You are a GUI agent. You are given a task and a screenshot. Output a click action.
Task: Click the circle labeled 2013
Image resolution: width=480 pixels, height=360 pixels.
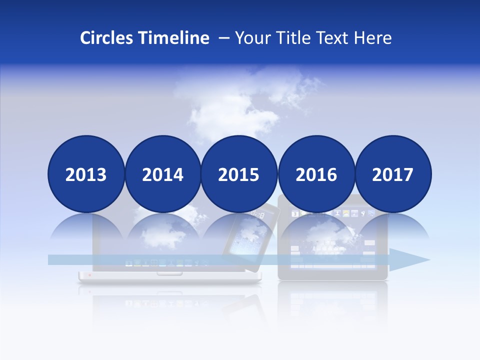pos(86,174)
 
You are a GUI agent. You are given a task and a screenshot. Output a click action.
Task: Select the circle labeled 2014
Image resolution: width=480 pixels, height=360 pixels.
pos(162,174)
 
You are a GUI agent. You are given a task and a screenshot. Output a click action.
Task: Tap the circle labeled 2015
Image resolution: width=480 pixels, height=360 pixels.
pos(239,174)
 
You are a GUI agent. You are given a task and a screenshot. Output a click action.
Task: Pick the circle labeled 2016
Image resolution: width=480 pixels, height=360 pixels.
pos(316,174)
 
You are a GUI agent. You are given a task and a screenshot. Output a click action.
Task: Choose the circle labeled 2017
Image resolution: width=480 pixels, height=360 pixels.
pos(393,174)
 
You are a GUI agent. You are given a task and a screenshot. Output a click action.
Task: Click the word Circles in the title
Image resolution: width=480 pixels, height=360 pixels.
pos(106,38)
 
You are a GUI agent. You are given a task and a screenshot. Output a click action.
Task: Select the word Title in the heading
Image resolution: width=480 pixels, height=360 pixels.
pos(289,38)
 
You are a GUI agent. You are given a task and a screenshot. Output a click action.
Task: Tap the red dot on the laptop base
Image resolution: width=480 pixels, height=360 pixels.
pos(89,274)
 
